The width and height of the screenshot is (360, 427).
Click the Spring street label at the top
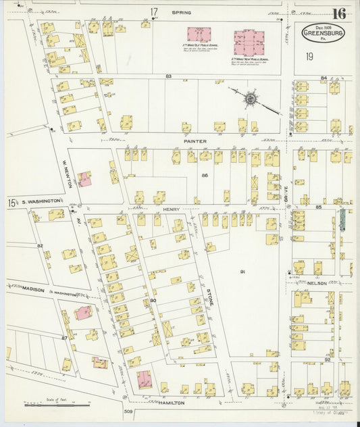tap(181, 12)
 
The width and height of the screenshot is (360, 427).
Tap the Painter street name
tap(195, 141)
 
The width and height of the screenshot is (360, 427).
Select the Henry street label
tap(171, 210)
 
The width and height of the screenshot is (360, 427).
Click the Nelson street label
tap(319, 283)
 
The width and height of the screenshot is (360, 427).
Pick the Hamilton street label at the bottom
tap(172, 402)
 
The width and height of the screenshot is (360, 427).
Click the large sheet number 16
tap(339, 13)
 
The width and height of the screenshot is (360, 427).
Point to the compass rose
tap(251, 99)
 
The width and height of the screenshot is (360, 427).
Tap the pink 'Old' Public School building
tap(199, 34)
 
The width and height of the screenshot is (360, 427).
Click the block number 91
tap(242, 272)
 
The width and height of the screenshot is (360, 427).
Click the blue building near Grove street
tap(342, 218)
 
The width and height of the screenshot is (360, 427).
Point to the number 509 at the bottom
tap(128, 411)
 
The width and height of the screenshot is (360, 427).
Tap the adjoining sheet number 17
tap(154, 11)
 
